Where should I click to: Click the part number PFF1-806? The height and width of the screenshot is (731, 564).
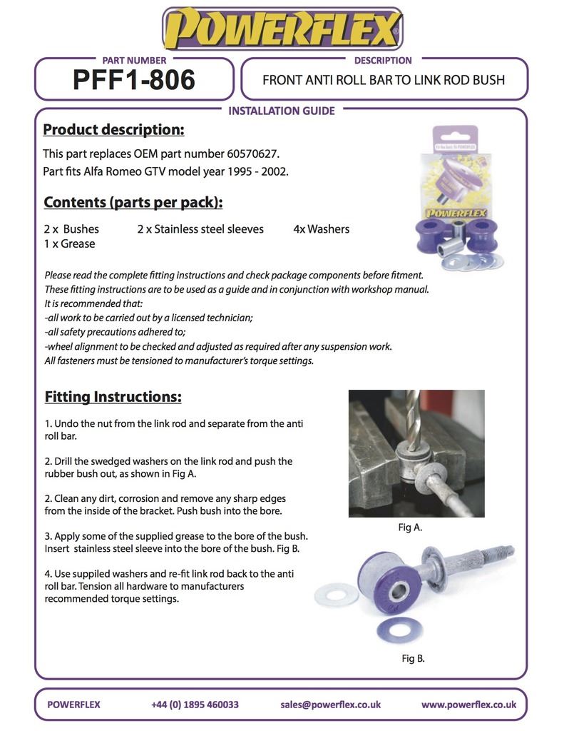(133, 80)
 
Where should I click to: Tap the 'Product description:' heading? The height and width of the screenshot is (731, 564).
(113, 130)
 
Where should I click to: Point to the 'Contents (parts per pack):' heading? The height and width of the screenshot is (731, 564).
(133, 202)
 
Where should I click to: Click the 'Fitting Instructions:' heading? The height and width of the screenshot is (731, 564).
(113, 396)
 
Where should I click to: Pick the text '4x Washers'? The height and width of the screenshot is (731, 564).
(321, 229)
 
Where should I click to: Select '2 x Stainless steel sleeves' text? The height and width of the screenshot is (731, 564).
(200, 229)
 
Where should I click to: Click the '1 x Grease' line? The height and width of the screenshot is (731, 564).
(69, 243)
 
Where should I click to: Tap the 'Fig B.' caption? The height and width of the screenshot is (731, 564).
(413, 658)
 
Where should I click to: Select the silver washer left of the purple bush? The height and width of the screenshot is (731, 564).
(336, 594)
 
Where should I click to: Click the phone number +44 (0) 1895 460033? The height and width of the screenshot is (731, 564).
(195, 705)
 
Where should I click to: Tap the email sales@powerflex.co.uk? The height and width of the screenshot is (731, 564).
(330, 705)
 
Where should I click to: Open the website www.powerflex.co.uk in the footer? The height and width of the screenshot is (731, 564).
(468, 705)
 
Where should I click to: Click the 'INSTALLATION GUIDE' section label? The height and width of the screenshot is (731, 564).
(281, 111)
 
